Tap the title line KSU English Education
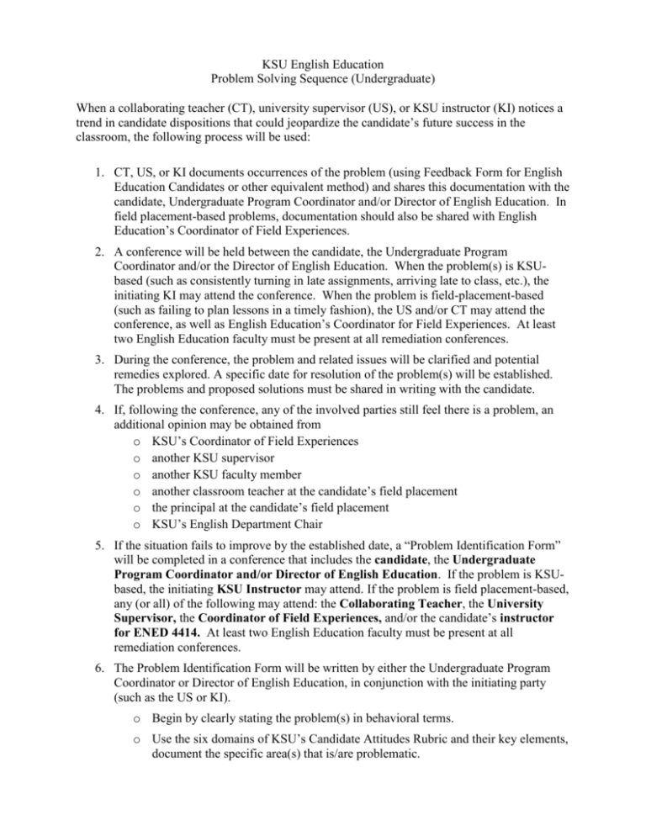[322, 67]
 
